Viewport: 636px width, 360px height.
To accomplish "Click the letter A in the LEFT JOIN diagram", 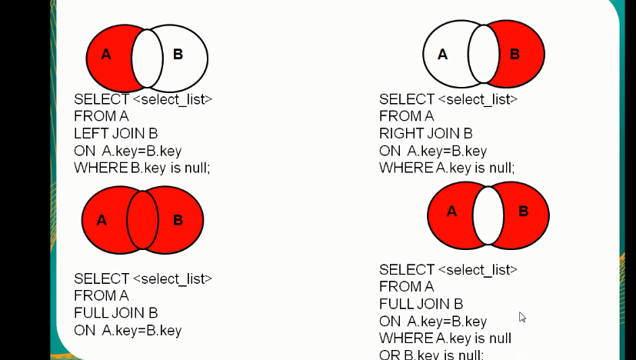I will click(106, 55).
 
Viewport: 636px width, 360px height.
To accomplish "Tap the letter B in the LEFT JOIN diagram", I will click(178, 55).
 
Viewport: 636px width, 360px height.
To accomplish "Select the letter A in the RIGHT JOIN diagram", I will click(442, 55).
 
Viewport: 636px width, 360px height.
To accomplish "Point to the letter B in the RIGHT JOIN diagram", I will click(514, 55).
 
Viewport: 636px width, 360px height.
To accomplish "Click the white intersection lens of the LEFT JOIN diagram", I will click(147, 58).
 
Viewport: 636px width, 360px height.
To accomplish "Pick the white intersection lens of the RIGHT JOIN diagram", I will click(484, 54).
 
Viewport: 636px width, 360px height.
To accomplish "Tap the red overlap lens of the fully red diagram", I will click(142, 221).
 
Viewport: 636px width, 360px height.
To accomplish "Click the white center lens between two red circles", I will click(488, 215).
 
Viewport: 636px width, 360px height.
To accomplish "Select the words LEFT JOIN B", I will click(116, 134).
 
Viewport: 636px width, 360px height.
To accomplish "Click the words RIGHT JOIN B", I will click(426, 134).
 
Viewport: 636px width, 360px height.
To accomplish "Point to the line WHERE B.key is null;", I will click(142, 168).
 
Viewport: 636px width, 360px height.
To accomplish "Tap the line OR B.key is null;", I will click(431, 355).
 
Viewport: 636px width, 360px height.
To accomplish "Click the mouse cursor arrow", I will click(522, 316).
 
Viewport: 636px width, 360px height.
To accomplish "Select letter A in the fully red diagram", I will click(102, 221).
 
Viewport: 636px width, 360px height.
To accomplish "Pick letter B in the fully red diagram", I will click(178, 221).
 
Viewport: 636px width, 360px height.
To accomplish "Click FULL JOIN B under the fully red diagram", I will click(116, 313).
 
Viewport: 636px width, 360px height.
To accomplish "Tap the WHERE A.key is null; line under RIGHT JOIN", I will click(447, 168).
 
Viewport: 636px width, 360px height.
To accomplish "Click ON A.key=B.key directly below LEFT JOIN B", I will click(128, 151).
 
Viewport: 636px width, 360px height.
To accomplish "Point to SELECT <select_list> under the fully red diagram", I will click(143, 278).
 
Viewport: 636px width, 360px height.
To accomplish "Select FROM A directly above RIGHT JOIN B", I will click(407, 116).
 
